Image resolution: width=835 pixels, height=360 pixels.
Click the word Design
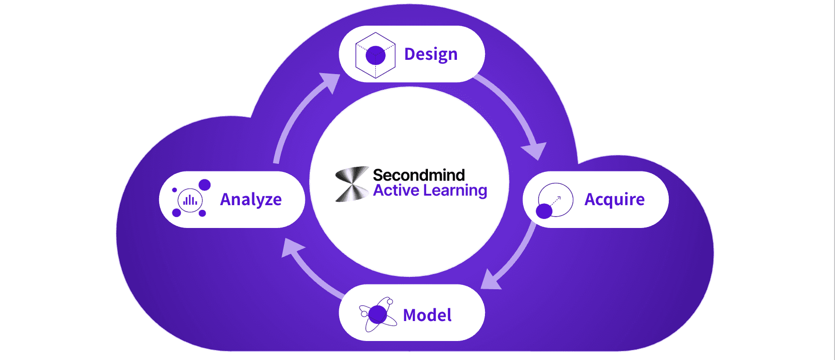pyautogui.click(x=430, y=55)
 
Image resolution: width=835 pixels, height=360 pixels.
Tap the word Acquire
pyautogui.click(x=614, y=199)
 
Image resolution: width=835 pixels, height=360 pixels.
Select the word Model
pyautogui.click(x=427, y=315)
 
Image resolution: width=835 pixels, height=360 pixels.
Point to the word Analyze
pyautogui.click(x=251, y=199)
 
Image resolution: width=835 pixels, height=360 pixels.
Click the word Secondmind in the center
pyautogui.click(x=418, y=175)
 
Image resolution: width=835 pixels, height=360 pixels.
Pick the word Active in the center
pyautogui.click(x=396, y=190)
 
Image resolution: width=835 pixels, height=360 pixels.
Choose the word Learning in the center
pyautogui.click(x=455, y=191)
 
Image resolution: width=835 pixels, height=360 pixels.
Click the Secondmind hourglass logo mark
pyautogui.click(x=352, y=184)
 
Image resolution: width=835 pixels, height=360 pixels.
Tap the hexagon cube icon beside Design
pyautogui.click(x=375, y=55)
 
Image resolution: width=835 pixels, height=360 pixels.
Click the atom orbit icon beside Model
pyautogui.click(x=378, y=314)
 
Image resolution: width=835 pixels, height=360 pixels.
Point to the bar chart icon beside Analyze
pyautogui.click(x=190, y=200)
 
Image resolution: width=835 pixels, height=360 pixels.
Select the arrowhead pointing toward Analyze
pyautogui.click(x=291, y=247)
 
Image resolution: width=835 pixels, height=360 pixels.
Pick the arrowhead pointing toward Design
pyautogui.click(x=331, y=82)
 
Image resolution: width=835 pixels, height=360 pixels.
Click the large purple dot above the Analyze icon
pyautogui.click(x=205, y=185)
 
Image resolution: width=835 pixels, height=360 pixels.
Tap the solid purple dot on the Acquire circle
pyautogui.click(x=544, y=211)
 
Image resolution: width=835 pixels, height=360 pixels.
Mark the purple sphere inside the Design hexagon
pyautogui.click(x=375, y=56)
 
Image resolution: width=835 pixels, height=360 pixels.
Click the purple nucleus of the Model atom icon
pyautogui.click(x=378, y=314)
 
